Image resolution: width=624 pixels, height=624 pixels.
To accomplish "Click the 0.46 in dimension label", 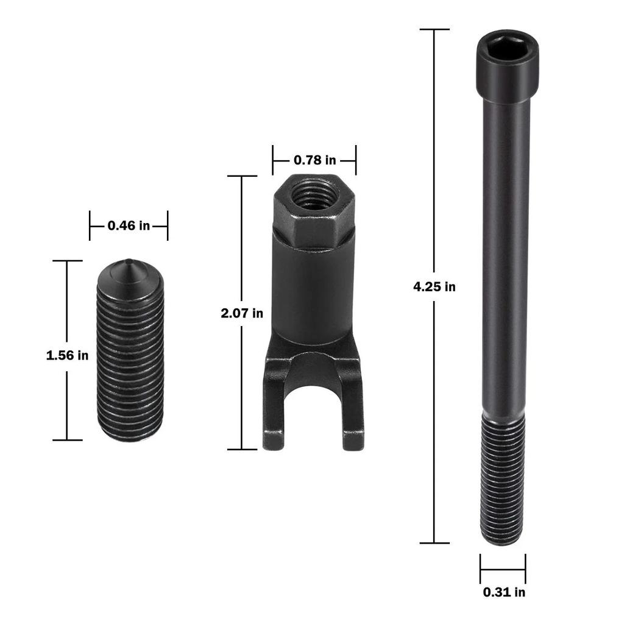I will coord(129,225).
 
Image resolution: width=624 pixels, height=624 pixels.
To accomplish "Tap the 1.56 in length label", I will coord(67,355).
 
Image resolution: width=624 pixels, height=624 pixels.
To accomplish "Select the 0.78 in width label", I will coord(314,160).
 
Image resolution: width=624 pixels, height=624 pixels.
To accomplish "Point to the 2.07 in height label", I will coord(242,313).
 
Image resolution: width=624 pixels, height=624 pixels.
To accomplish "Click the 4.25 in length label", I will coord(434,286).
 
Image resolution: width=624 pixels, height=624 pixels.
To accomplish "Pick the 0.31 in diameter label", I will coord(503,592).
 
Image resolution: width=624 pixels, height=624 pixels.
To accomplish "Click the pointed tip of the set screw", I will coord(130,263).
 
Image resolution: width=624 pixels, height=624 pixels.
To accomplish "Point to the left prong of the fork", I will coord(274,414).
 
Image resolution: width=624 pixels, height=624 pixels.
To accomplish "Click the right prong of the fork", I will coord(353,414).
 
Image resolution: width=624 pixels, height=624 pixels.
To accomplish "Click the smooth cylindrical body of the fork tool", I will coord(313,292).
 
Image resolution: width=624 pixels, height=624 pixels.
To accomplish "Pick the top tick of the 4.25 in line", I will coord(434,29).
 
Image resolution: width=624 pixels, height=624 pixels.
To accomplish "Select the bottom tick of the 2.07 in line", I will coord(242,449).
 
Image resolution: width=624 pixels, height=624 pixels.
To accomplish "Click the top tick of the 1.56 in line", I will coord(67,261).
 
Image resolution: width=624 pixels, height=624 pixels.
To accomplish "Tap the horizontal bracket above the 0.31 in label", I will coord(503,570).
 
